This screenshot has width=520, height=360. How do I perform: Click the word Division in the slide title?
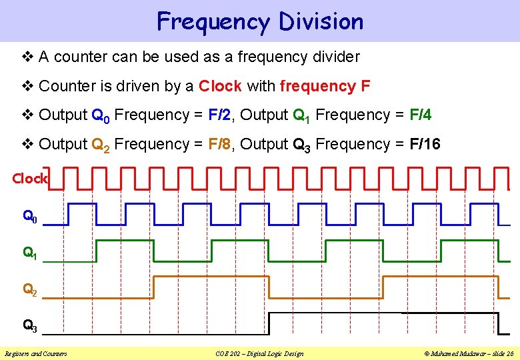click(321, 21)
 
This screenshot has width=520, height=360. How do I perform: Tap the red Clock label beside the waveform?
click(30, 179)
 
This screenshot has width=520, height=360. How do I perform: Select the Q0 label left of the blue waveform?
click(30, 217)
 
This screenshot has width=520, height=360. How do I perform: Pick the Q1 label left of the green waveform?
click(30, 253)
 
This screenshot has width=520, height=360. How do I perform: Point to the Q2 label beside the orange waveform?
click(30, 289)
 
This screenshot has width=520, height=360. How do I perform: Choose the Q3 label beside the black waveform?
click(30, 326)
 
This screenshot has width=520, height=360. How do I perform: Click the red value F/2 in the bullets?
click(220, 115)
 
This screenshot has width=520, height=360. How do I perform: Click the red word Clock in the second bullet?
click(220, 86)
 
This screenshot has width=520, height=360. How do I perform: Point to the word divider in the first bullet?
click(336, 57)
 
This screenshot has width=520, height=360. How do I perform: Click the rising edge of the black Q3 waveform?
click(269, 323)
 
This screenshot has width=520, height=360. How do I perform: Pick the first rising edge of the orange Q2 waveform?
click(154, 287)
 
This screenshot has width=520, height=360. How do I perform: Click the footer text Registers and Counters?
click(36, 353)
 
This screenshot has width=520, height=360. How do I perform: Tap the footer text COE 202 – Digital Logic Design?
click(260, 353)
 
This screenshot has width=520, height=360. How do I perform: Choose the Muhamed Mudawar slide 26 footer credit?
click(471, 353)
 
